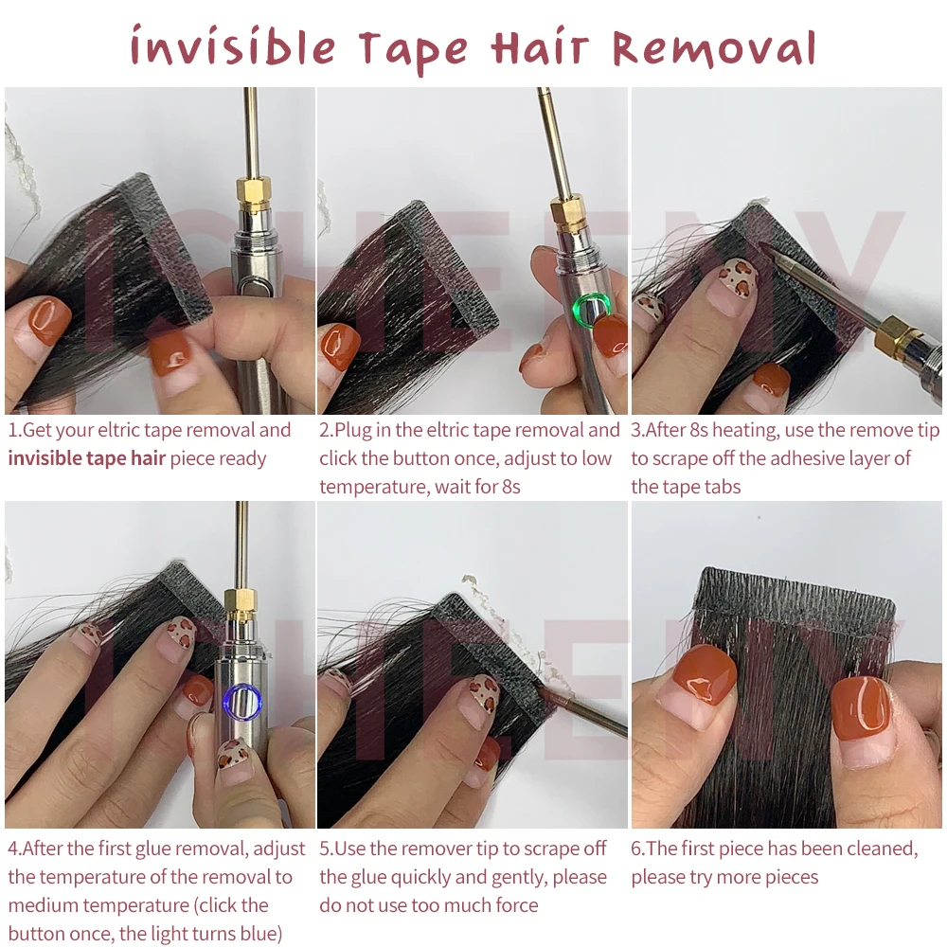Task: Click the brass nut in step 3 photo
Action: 899,335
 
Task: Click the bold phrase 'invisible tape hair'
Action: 86,458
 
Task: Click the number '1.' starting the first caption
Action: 14,430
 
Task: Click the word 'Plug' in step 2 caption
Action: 351,431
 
